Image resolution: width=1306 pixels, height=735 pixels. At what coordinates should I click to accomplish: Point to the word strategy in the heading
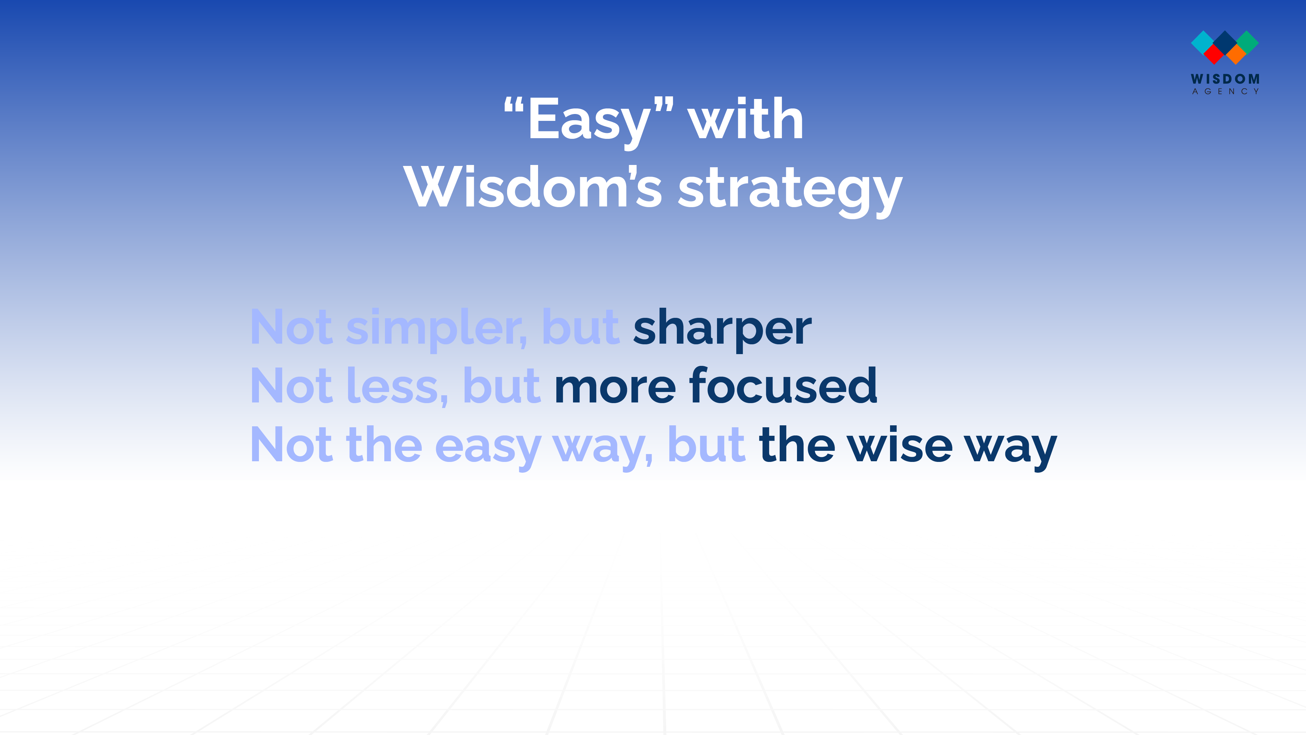coord(790,192)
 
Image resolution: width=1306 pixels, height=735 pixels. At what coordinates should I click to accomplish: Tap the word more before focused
coord(615,390)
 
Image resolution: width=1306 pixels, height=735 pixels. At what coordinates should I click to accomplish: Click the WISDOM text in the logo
coord(1225,79)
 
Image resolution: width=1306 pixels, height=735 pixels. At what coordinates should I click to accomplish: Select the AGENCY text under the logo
coord(1225,92)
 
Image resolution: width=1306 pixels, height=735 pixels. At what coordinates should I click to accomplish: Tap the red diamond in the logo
coord(1214,54)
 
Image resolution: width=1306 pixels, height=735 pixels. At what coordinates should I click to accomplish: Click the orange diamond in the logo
coord(1236,54)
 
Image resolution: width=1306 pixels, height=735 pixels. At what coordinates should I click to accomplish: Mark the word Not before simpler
coord(292,328)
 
